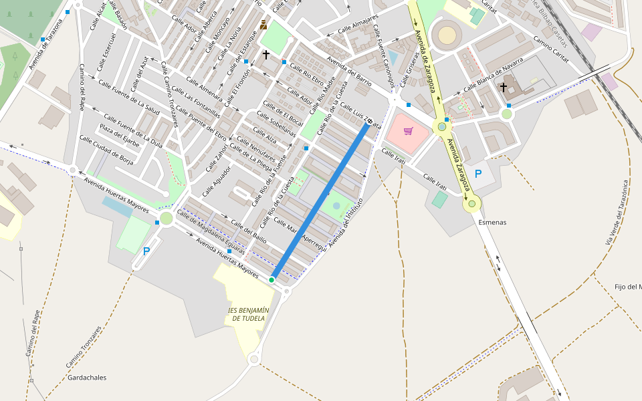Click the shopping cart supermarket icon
click(409, 131)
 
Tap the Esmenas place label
click(492, 223)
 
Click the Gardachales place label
click(87, 378)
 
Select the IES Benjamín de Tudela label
click(248, 314)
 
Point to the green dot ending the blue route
click(272, 279)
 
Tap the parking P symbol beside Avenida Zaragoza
click(477, 174)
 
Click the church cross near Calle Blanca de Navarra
click(503, 87)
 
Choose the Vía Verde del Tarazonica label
click(617, 212)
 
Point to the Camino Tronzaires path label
click(84, 348)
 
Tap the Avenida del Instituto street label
click(345, 223)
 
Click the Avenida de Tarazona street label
click(50, 44)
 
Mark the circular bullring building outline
click(447, 35)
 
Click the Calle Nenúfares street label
click(256, 149)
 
